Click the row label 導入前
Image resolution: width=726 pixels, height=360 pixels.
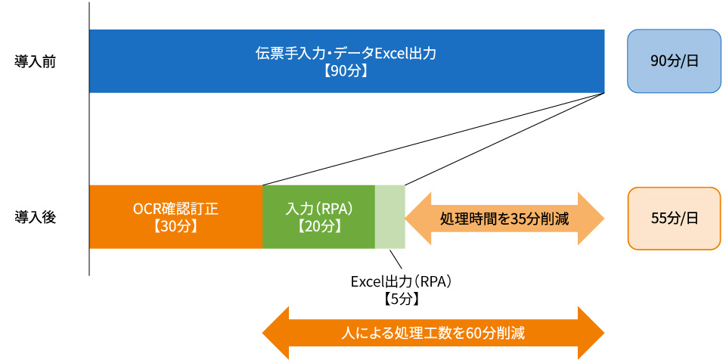[36, 62]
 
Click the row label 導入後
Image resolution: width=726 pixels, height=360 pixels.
[36, 217]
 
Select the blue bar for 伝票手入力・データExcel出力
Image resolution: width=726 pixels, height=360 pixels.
[347, 61]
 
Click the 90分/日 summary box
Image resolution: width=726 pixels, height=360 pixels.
[674, 61]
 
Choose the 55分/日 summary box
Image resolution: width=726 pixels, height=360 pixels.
[674, 219]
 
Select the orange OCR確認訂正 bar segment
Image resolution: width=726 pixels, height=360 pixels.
[176, 217]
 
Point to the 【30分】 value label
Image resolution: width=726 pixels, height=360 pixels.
[175, 227]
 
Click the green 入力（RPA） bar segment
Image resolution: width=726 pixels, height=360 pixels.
[318, 217]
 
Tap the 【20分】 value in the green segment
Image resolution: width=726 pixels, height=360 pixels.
[319, 227]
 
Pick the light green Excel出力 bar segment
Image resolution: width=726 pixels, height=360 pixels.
[390, 217]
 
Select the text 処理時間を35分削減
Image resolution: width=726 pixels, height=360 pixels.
[504, 219]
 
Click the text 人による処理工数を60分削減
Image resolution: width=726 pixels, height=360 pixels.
[433, 333]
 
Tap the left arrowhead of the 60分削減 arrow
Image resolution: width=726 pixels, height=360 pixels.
[276, 333]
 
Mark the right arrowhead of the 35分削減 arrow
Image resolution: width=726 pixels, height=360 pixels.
[591, 219]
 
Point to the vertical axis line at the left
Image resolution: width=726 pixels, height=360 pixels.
[89, 139]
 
